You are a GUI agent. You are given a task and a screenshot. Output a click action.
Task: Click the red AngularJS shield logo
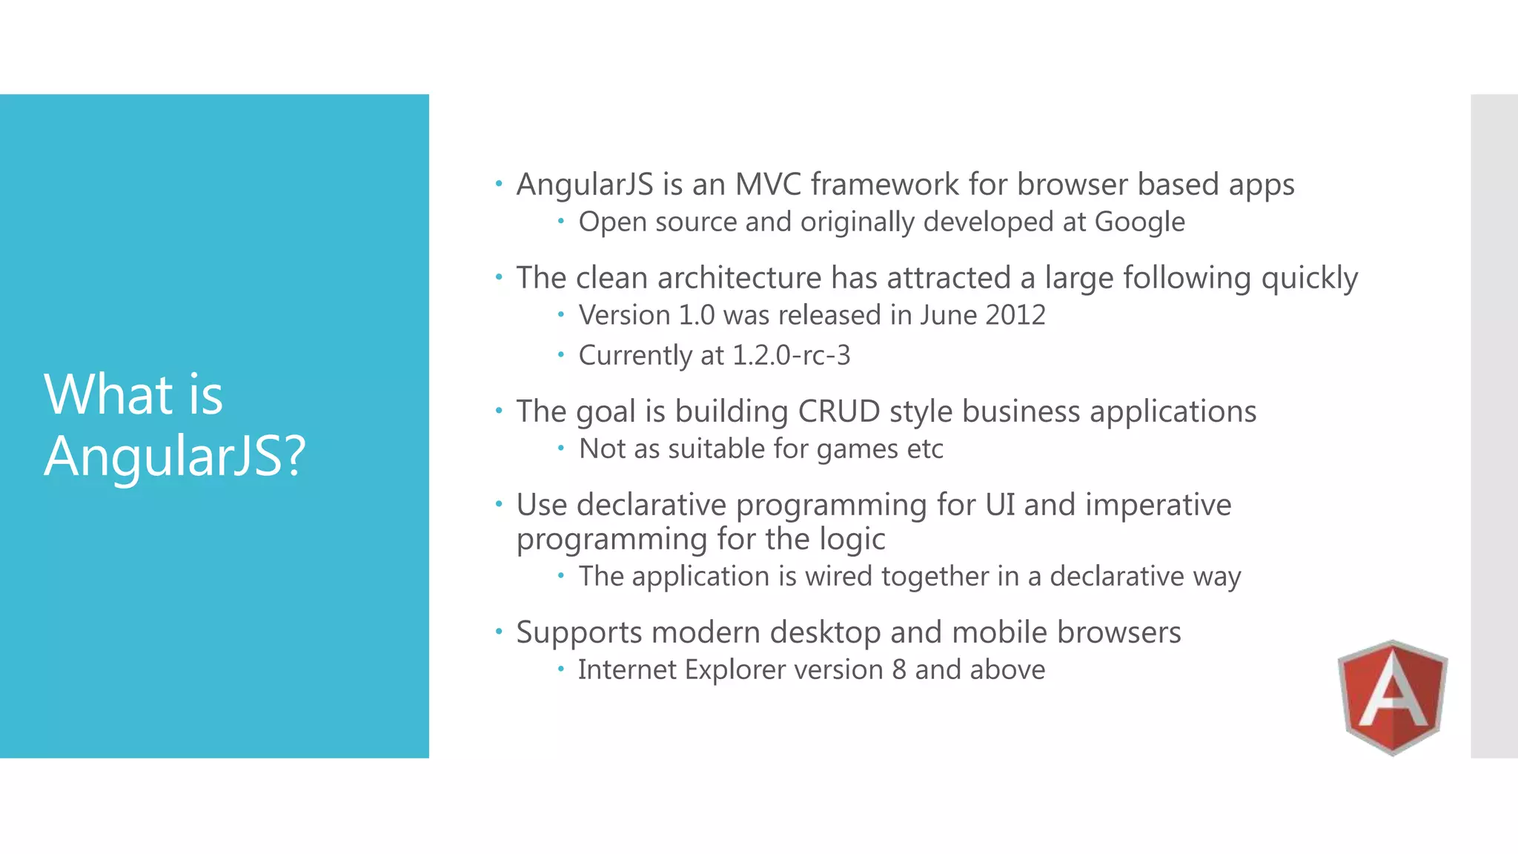1392,697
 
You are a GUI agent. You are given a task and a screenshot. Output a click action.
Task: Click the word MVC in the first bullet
768,185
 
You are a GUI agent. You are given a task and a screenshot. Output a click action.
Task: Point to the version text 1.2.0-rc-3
791,355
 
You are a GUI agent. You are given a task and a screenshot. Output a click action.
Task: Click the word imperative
1158,505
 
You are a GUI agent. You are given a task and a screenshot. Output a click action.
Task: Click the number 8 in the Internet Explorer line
898,669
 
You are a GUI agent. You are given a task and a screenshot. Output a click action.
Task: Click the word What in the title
108,394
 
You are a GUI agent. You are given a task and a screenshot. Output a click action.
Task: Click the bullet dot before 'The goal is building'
499,410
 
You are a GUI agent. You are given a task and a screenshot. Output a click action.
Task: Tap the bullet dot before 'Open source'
561,220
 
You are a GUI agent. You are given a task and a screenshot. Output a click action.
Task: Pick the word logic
852,540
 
